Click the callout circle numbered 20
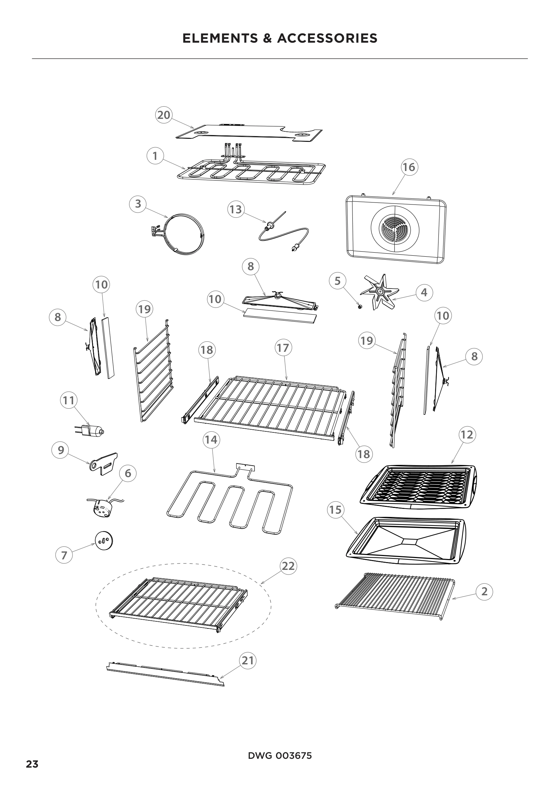tap(164, 115)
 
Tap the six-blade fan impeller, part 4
tap(379, 292)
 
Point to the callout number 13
tap(236, 209)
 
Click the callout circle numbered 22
tap(288, 566)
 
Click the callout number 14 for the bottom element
tap(211, 440)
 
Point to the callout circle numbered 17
tap(283, 348)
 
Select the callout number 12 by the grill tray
tap(467, 434)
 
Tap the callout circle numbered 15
tap(335, 510)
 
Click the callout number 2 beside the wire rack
tap(484, 591)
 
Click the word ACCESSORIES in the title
tap(327, 38)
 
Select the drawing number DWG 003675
tap(280, 753)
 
